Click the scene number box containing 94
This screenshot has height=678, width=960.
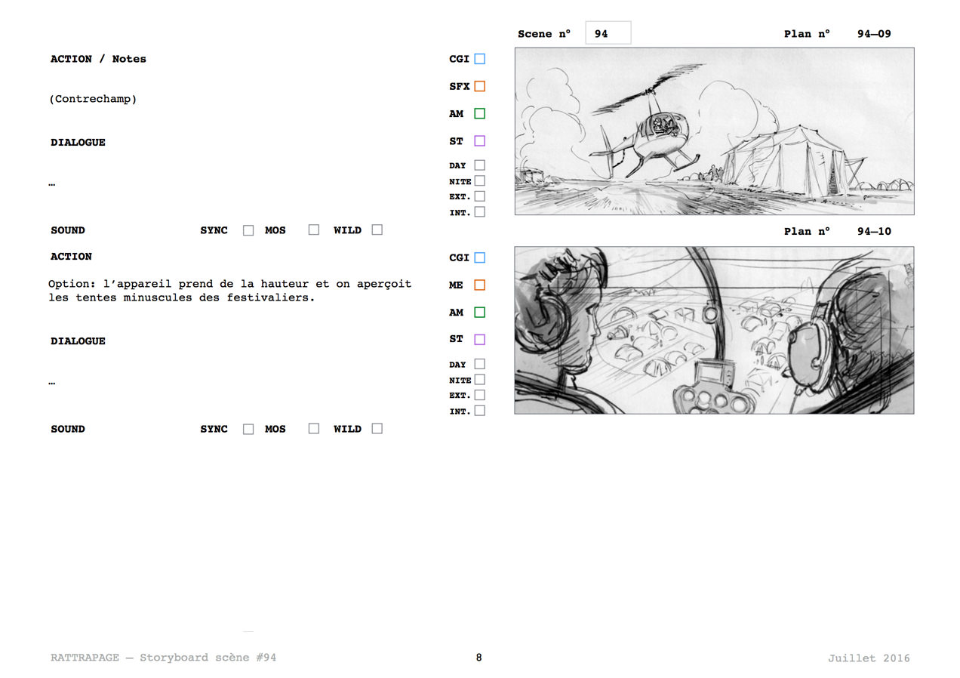click(x=608, y=33)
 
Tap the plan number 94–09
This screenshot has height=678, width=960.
click(x=874, y=34)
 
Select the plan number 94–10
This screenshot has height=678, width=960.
click(x=874, y=232)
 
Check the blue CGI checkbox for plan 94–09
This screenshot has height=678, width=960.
click(x=479, y=59)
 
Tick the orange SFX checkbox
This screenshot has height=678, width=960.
click(x=479, y=86)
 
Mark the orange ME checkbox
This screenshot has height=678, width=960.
click(x=479, y=285)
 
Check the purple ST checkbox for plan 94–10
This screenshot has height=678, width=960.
click(x=479, y=340)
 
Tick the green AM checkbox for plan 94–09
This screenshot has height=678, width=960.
click(x=479, y=114)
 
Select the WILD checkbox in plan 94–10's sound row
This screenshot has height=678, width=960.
click(x=377, y=428)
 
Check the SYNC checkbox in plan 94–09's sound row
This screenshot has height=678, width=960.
click(x=248, y=230)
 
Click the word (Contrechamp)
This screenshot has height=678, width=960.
click(x=93, y=99)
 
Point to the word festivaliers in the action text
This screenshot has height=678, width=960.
click(x=270, y=297)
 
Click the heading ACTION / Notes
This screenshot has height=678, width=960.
click(x=98, y=59)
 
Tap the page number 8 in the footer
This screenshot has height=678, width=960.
click(x=478, y=658)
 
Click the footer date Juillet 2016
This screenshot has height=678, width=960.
click(x=869, y=658)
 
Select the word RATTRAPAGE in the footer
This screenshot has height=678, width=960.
click(x=85, y=658)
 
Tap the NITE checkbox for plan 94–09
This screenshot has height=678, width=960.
click(x=480, y=180)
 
